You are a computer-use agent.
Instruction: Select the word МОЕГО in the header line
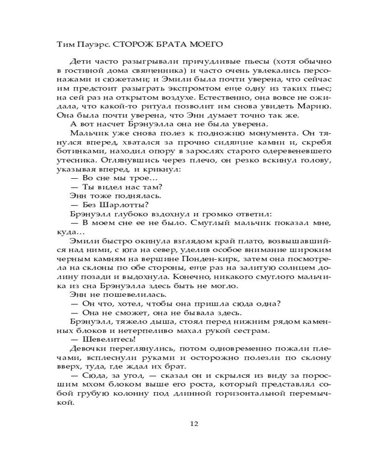coord(206,44)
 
